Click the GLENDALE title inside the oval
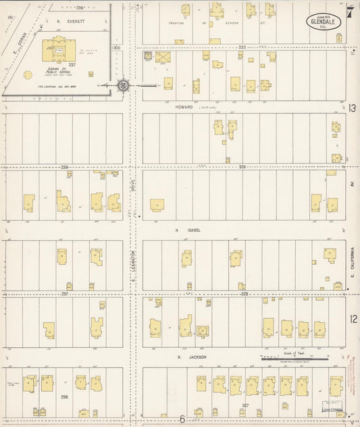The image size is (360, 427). (324, 22)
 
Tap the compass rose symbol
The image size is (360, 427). (123, 85)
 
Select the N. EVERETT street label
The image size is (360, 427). (68, 21)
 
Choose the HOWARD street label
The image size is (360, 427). (184, 107)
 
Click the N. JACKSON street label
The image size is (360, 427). (186, 357)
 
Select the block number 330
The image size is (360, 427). (242, 47)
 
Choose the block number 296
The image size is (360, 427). (65, 397)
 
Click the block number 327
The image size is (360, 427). (245, 405)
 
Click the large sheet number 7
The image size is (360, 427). (350, 11)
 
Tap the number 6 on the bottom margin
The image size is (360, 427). (182, 419)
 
